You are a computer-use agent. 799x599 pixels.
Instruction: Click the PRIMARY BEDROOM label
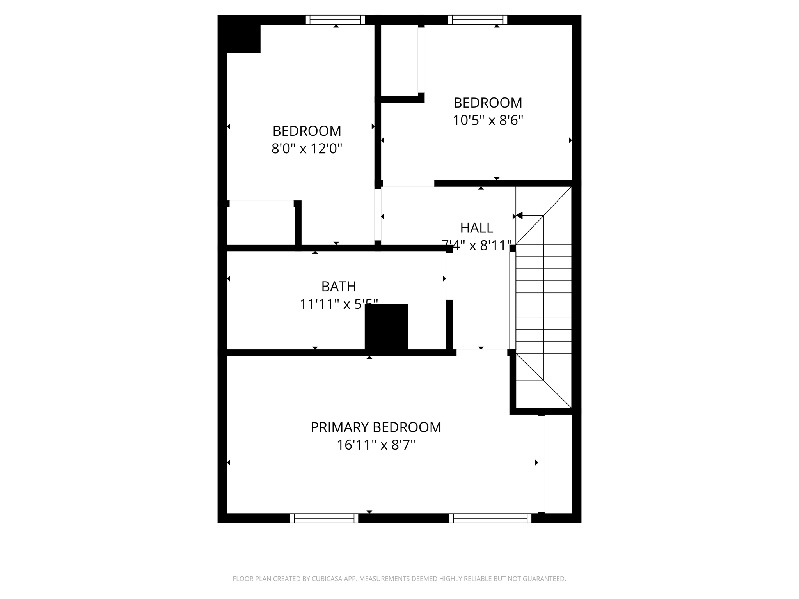point(376,427)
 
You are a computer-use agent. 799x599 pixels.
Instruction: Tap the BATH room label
point(339,287)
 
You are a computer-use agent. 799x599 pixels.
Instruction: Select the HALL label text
point(476,228)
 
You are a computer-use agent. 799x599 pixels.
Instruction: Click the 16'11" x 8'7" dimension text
point(376,445)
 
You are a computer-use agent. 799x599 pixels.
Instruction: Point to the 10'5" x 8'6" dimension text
point(488,121)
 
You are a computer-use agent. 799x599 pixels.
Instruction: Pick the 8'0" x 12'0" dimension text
point(307,149)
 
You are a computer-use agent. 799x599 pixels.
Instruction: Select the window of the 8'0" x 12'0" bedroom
point(335,20)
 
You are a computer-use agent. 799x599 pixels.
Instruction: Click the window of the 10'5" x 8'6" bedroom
point(478,20)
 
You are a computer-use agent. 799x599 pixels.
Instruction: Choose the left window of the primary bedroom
point(324,518)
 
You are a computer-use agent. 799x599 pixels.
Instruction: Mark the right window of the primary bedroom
point(490,518)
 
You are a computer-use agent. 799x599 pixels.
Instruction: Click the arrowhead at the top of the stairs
point(519,215)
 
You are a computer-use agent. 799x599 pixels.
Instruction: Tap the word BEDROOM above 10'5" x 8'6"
point(488,103)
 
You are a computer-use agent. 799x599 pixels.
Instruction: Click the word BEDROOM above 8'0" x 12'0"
point(307,131)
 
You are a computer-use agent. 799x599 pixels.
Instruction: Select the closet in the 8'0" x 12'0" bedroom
point(261,223)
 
